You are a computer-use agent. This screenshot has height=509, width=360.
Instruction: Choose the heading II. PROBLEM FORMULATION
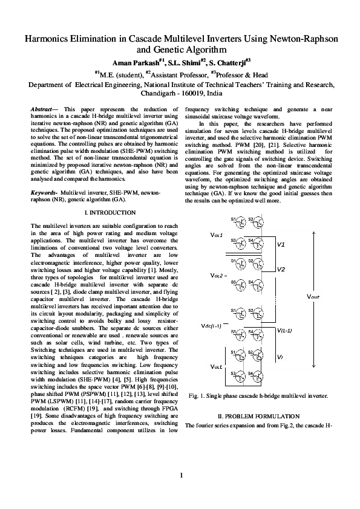point(258,417)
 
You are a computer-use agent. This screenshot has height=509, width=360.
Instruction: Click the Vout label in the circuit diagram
point(313,297)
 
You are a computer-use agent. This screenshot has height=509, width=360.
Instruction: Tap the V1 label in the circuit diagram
point(281,245)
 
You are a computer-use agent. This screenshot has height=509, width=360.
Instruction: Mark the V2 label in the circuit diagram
point(281,269)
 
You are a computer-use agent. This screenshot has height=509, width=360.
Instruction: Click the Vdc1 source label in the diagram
point(216,233)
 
